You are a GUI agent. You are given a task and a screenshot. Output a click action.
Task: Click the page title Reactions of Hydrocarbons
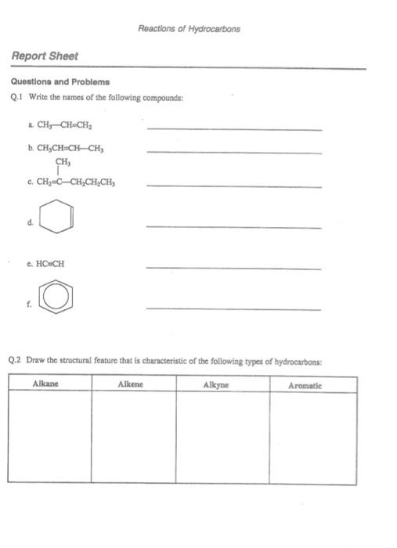click(x=189, y=29)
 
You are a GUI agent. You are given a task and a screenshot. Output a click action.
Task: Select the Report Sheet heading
click(x=45, y=56)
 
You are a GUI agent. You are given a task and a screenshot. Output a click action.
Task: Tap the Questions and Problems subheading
click(x=60, y=81)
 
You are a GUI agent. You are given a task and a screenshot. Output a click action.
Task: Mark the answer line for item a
click(x=233, y=128)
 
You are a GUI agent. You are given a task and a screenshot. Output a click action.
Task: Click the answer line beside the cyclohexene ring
click(x=233, y=226)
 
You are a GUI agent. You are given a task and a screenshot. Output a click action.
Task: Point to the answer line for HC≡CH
click(x=233, y=268)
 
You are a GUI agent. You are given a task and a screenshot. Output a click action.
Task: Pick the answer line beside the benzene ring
click(x=233, y=308)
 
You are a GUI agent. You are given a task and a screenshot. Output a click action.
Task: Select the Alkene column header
click(x=130, y=385)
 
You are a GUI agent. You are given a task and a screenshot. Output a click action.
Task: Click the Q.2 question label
click(x=16, y=360)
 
